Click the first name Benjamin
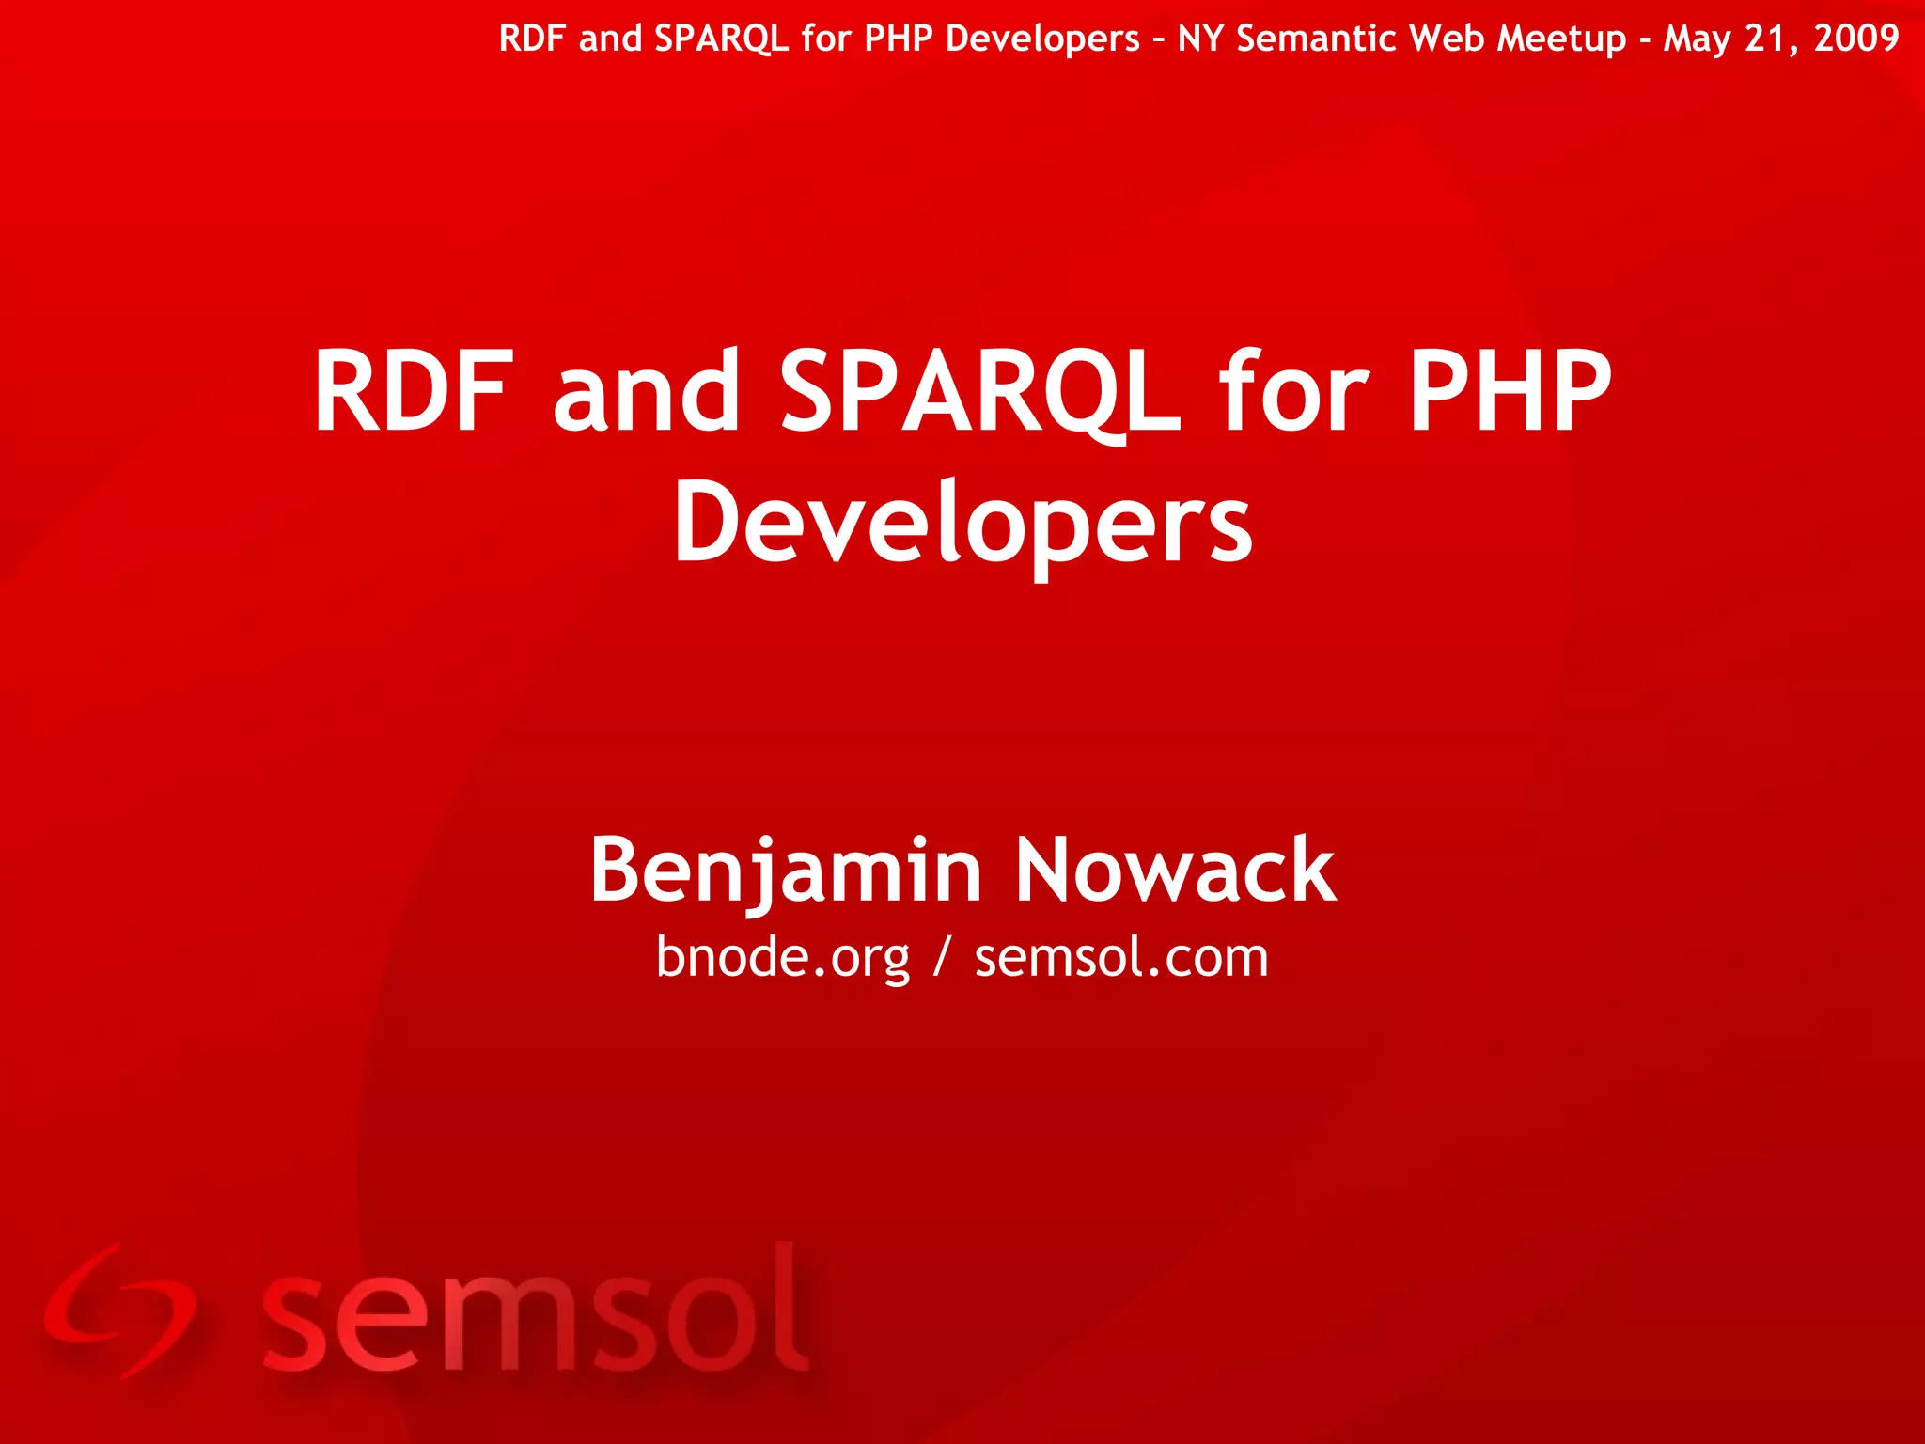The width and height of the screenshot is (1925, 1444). click(786, 871)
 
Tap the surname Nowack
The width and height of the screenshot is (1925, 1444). click(1175, 871)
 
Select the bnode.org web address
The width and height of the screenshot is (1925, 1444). click(782, 959)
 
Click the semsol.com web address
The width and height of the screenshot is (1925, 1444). click(1121, 959)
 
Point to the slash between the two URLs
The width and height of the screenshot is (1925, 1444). click(942, 959)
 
